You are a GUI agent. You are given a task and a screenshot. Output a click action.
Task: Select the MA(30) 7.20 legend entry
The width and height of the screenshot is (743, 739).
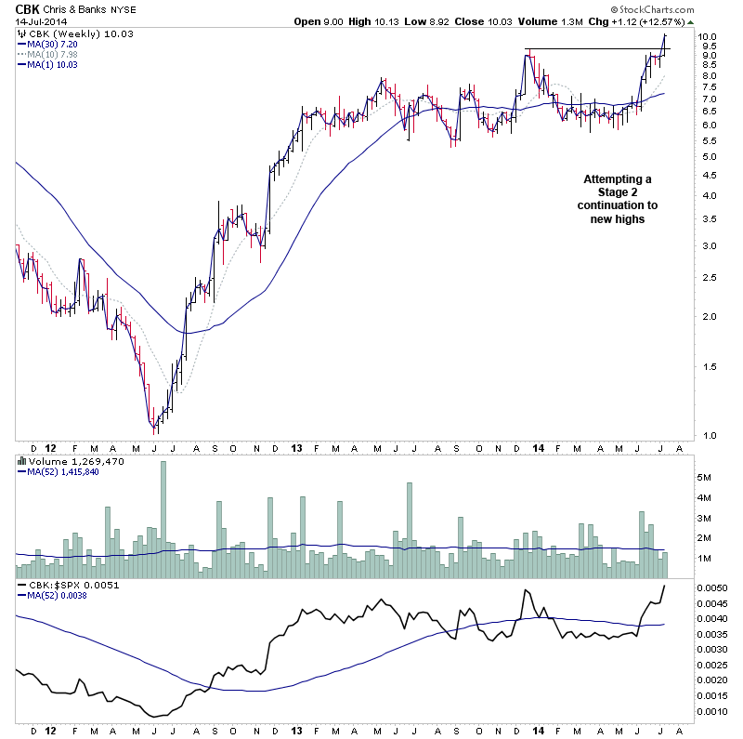coord(54,44)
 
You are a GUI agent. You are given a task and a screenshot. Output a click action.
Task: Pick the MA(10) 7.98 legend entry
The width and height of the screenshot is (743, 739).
coord(54,54)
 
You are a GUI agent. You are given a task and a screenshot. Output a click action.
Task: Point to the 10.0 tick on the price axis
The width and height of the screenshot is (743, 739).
coord(710,37)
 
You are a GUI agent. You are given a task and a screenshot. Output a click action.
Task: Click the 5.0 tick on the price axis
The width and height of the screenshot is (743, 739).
coord(709,156)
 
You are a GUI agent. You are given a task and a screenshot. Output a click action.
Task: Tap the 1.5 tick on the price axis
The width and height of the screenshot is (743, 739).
coord(709,366)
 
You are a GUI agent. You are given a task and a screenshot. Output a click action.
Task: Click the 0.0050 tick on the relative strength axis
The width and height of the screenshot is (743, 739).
coord(714,588)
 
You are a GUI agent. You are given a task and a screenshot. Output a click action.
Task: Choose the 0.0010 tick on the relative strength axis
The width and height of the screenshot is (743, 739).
coord(714,711)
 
